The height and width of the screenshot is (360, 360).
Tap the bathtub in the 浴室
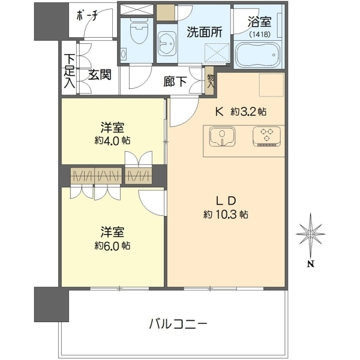[x=257, y=55]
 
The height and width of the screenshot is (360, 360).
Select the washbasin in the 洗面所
[x=167, y=43]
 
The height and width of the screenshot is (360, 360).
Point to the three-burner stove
[x=266, y=136]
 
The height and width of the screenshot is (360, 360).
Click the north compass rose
[x=310, y=234]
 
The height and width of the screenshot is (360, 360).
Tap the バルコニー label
[x=178, y=325]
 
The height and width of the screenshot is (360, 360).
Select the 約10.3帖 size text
[x=226, y=215]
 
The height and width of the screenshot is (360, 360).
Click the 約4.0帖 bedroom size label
[x=113, y=140]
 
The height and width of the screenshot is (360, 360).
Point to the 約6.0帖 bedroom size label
[x=113, y=246]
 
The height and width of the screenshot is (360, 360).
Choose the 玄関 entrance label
[x=100, y=74]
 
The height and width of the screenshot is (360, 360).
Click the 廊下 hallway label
[x=175, y=82]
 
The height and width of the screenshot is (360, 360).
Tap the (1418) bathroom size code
[x=260, y=34]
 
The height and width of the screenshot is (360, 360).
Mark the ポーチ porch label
[x=87, y=16]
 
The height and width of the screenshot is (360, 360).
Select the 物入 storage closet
[x=209, y=81]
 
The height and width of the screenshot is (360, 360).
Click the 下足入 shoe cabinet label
[x=70, y=71]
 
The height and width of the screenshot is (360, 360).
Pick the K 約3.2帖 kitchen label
[x=241, y=112]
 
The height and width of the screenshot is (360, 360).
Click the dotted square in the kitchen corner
[x=272, y=85]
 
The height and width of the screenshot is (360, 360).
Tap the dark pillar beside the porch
[x=52, y=22]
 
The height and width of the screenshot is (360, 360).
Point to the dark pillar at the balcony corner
[x=52, y=304]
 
